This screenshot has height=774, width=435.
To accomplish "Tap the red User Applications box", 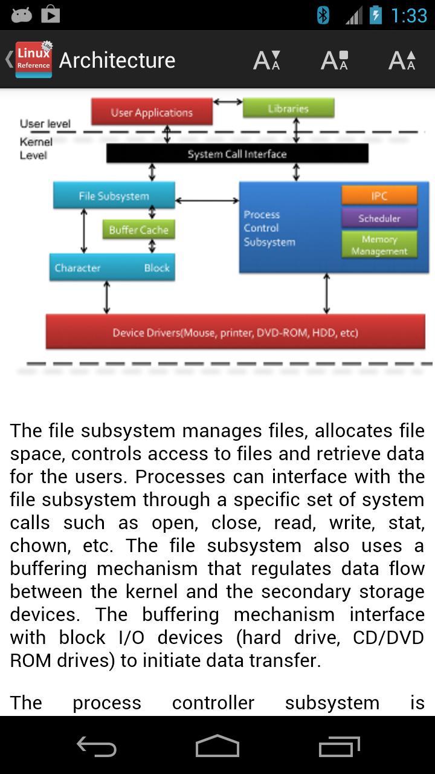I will click(152, 112).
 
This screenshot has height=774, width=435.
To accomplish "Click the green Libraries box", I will click(288, 109).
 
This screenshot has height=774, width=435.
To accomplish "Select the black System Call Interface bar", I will click(237, 154).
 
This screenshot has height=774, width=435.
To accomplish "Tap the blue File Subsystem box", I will click(114, 196).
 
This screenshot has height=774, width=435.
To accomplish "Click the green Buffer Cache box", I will click(138, 230).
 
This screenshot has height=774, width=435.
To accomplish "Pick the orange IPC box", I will click(379, 196).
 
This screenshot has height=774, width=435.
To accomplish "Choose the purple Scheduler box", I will click(379, 218).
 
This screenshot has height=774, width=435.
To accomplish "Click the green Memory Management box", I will click(379, 245).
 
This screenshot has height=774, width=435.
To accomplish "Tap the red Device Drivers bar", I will click(235, 333).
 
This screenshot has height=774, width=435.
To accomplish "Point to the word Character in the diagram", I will click(77, 268).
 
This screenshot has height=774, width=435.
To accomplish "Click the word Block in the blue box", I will click(156, 268).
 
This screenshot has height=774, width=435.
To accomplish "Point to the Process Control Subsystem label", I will click(269, 229).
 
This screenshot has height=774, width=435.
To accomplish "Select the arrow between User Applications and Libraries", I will click(228, 102).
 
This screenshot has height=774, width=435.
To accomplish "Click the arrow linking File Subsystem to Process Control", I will click(207, 200).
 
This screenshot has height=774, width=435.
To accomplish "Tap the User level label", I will click(45, 124).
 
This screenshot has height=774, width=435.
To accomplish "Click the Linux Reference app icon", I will click(34, 60).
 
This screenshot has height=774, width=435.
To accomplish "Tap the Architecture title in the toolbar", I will click(117, 60).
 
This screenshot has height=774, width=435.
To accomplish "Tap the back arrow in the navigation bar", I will click(96, 747).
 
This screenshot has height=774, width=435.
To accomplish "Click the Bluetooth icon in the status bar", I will click(323, 15).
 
